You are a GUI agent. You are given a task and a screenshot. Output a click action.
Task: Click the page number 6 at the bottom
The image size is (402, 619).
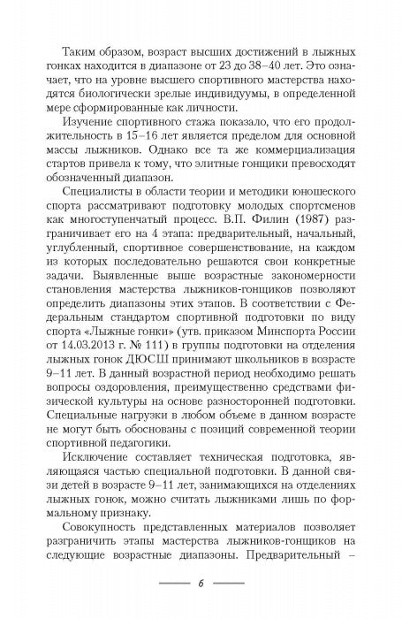(x=201, y=585)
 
